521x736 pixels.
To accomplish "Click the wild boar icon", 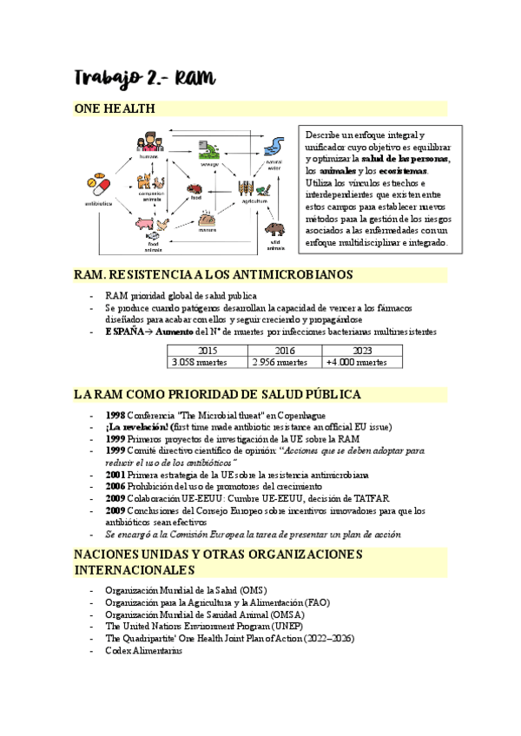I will click(274, 229).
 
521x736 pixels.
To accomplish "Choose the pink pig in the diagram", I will click(142, 224).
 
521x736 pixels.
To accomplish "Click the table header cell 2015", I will click(208, 350).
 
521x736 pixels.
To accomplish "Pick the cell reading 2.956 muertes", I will click(280, 362).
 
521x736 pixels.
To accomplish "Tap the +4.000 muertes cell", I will click(356, 362).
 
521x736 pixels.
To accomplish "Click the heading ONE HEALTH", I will click(115, 108).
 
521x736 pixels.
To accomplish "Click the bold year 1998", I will click(116, 415).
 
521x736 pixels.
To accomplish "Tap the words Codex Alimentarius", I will click(143, 651).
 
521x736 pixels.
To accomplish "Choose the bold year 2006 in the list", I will click(116, 486).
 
